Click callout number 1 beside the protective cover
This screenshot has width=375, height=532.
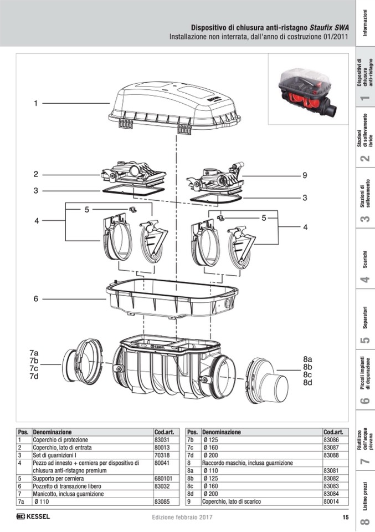coord(35,103)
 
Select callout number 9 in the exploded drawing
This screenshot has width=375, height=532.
coord(304,175)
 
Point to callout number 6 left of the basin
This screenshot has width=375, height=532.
coord(35,298)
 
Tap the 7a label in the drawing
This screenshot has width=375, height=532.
coord(34,353)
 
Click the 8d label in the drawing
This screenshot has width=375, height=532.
coord(307,382)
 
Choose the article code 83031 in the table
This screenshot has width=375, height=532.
coord(162,439)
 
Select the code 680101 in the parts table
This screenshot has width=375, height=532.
coord(163,478)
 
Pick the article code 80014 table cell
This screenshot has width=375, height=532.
coord(331,501)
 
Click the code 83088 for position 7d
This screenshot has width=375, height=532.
coord(331,455)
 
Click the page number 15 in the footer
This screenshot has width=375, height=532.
coord(345,518)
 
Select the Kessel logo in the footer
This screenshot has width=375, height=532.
coord(33,517)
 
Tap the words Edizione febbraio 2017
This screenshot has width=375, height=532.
coord(183,518)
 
